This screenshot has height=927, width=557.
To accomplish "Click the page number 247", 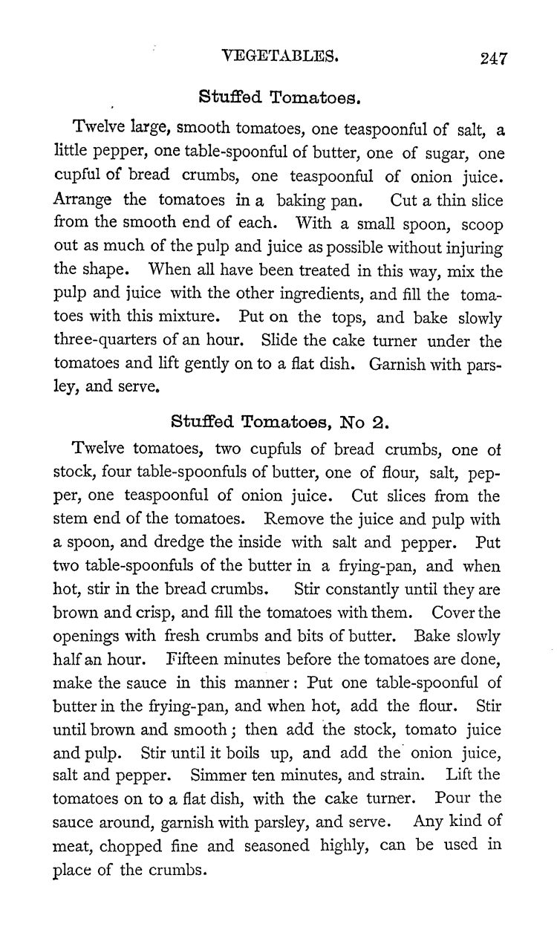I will coord(492,59).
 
